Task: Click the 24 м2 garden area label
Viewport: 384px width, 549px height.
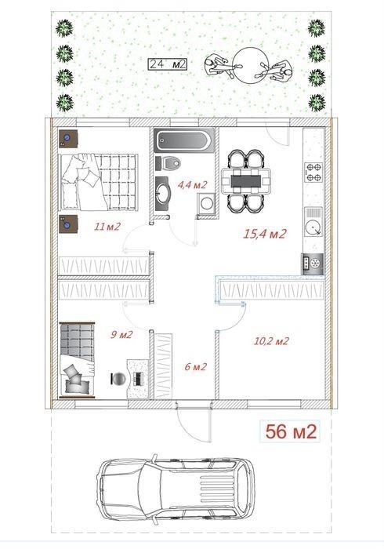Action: (x=167, y=64)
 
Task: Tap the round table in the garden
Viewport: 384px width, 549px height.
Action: (x=250, y=65)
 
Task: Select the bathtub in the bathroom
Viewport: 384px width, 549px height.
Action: (x=184, y=140)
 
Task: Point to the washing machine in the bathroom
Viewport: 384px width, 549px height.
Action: (x=207, y=202)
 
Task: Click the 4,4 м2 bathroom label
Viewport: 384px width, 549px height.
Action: (x=193, y=184)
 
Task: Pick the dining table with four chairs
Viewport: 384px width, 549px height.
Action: (x=246, y=181)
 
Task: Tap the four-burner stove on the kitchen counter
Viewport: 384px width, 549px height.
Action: (x=313, y=172)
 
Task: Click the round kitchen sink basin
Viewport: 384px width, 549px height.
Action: (x=313, y=228)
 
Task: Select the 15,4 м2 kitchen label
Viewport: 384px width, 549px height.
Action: (x=265, y=234)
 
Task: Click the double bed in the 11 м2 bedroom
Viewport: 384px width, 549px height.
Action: (x=99, y=182)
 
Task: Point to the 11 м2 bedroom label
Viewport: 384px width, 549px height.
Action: (x=107, y=227)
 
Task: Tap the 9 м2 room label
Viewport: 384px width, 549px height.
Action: (x=121, y=335)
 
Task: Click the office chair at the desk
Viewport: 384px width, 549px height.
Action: (x=118, y=379)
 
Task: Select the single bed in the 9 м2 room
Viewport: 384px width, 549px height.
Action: (x=77, y=360)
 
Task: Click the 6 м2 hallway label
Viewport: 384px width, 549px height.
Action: (x=196, y=366)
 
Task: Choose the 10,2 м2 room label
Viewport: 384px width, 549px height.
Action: (x=271, y=340)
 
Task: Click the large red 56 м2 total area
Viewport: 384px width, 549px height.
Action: (x=291, y=431)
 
